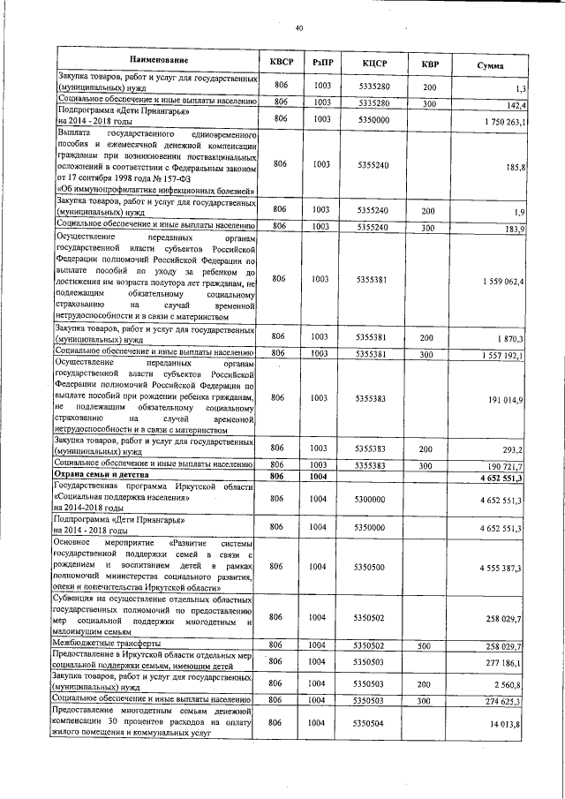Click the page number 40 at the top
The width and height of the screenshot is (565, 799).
click(299, 29)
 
